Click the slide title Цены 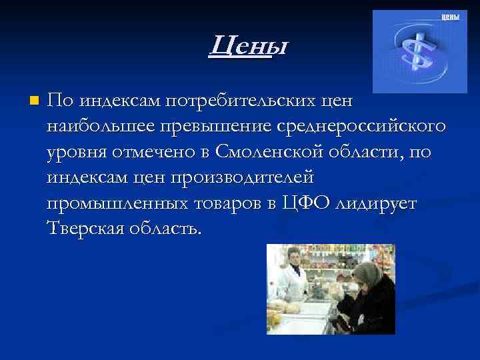(x=247, y=46)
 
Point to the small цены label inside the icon (x=450, y=17)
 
